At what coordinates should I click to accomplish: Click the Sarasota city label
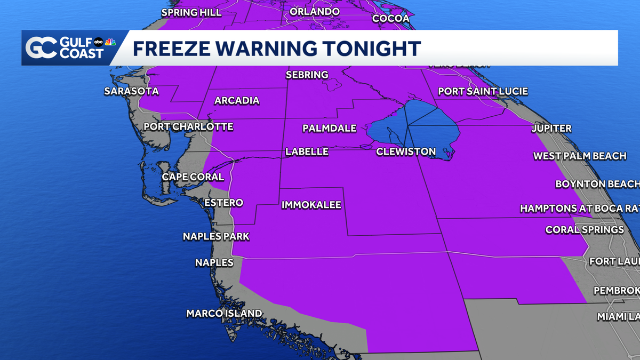(131, 91)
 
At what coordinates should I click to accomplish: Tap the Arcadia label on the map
(237, 101)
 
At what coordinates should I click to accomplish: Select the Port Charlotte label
(188, 127)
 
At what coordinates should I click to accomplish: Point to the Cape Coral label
(193, 177)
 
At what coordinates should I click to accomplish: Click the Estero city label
(224, 203)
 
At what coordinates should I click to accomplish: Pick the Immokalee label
(311, 205)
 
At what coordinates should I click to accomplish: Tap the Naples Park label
(216, 236)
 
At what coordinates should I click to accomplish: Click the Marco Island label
(224, 314)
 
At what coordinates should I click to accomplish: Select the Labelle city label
(307, 152)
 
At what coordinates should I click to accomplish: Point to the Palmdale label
(329, 129)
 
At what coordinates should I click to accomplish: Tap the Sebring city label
(307, 75)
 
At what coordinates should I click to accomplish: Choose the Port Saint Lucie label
(483, 92)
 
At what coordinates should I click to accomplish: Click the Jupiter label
(551, 129)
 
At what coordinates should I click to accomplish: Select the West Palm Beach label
(580, 156)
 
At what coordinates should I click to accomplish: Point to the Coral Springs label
(585, 230)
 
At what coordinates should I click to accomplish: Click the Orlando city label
(315, 12)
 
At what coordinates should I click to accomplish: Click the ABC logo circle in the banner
(99, 42)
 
